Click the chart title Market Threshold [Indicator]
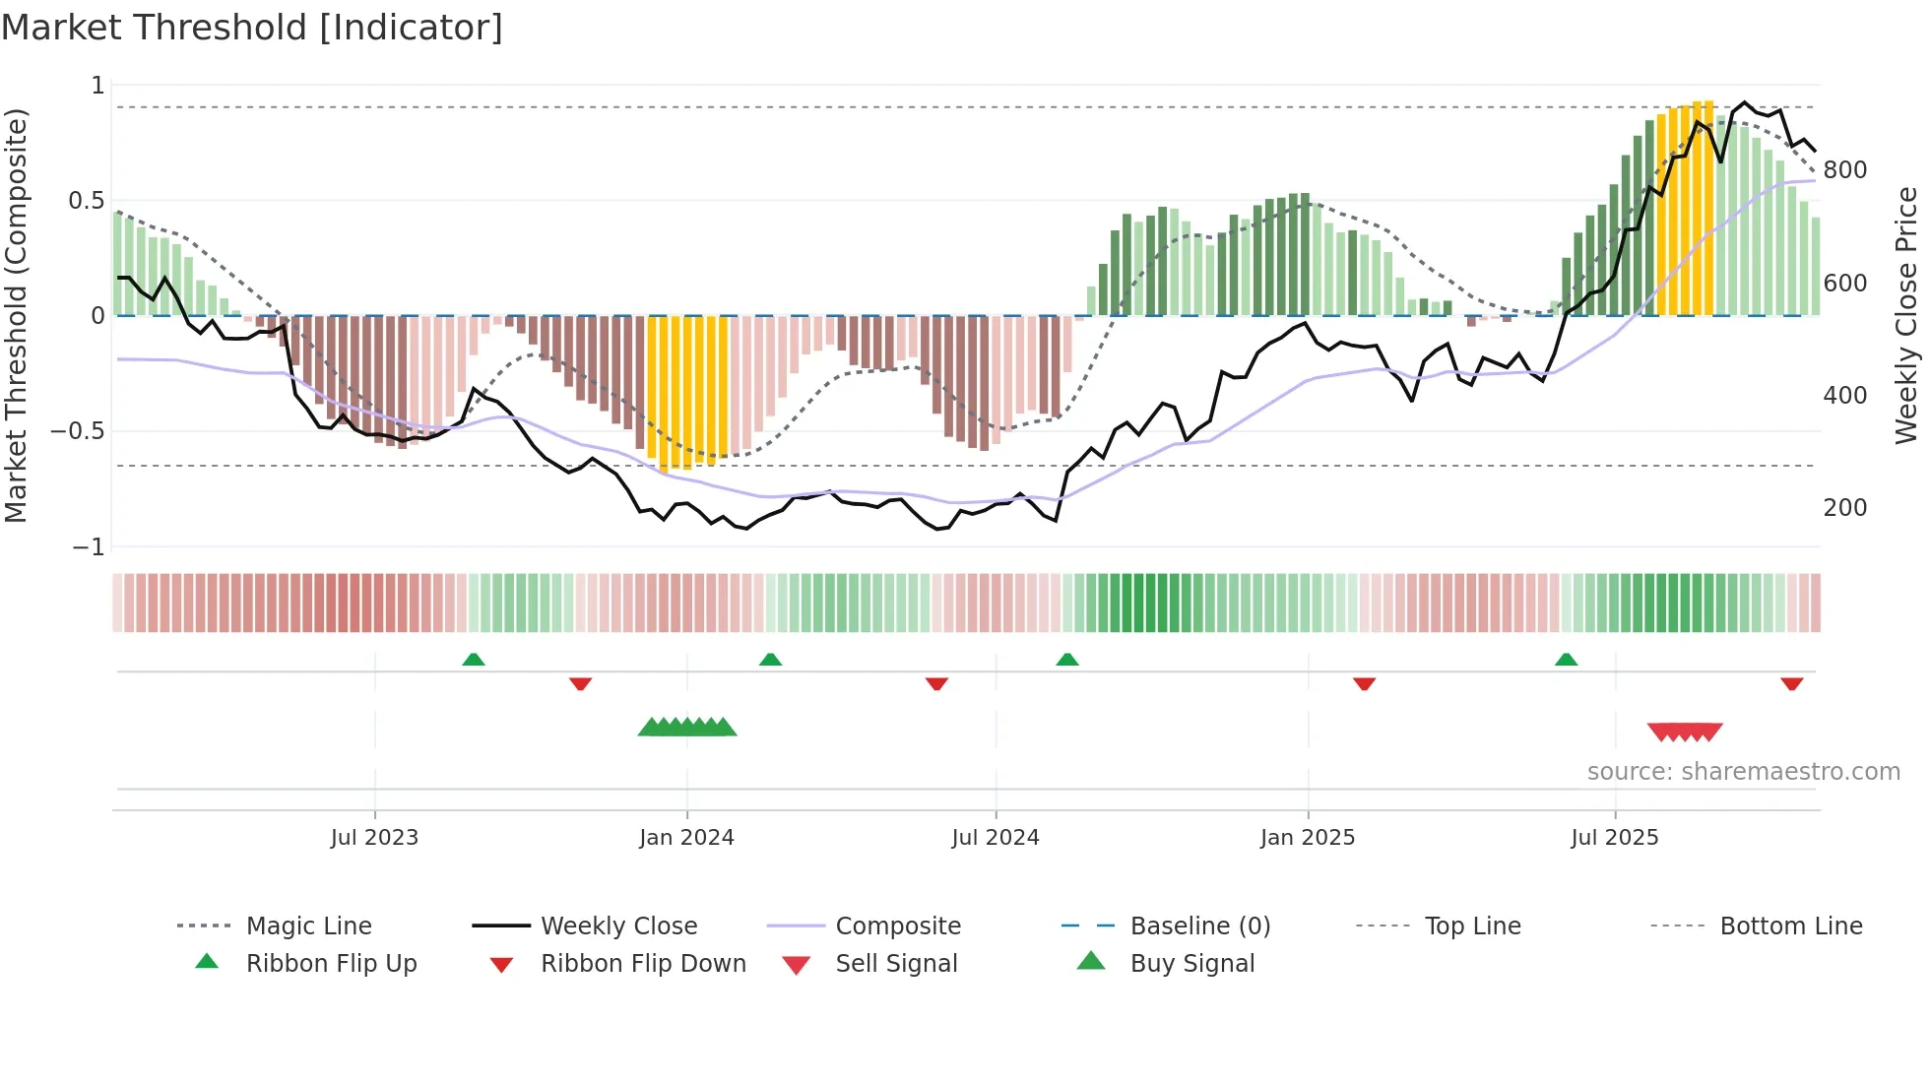point(252,28)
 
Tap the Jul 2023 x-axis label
point(374,838)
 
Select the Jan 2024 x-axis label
point(686,838)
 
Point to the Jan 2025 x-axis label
point(1308,838)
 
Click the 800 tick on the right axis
point(1844,170)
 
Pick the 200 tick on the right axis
point(1844,508)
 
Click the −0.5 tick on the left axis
point(79,431)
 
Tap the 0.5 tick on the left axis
point(86,201)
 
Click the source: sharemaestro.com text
point(1743,772)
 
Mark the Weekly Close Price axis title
point(1906,315)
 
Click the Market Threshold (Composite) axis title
point(16,315)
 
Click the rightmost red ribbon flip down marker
point(1791,683)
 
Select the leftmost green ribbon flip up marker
point(474,660)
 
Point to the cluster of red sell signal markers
point(1685,732)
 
